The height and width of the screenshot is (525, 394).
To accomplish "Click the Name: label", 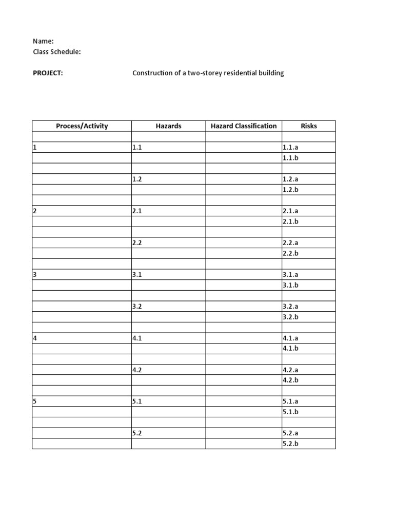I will coord(43,41).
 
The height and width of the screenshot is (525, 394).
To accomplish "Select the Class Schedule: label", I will coord(56,52).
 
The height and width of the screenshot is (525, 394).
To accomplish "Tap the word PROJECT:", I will coord(48,73).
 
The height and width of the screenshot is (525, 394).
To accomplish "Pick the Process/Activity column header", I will coord(82,126).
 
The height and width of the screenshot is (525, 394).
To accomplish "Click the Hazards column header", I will coord(168,126).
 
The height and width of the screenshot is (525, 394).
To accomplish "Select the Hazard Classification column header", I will coord(244,126).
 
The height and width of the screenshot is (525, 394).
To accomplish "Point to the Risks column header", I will coord(309,126).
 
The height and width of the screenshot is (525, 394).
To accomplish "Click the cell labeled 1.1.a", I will coord(290,147).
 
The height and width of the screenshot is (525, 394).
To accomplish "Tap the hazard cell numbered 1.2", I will coord(136,179).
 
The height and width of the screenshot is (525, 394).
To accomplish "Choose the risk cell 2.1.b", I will coord(290,221).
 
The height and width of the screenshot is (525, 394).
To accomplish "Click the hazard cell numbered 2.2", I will coord(136,243).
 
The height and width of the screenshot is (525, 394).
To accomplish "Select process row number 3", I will coord(35,274).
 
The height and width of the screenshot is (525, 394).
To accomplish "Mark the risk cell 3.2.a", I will coord(290,306).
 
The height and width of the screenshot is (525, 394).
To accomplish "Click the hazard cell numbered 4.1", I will coord(136,338).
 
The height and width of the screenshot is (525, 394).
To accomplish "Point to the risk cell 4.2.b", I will coord(290,380).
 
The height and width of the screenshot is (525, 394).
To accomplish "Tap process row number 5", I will coord(35,401).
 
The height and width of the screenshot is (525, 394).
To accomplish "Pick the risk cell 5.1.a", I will coord(290,401).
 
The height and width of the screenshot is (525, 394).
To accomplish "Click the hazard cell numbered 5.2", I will coord(136,433).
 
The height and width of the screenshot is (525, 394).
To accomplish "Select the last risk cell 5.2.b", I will coord(290,443).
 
